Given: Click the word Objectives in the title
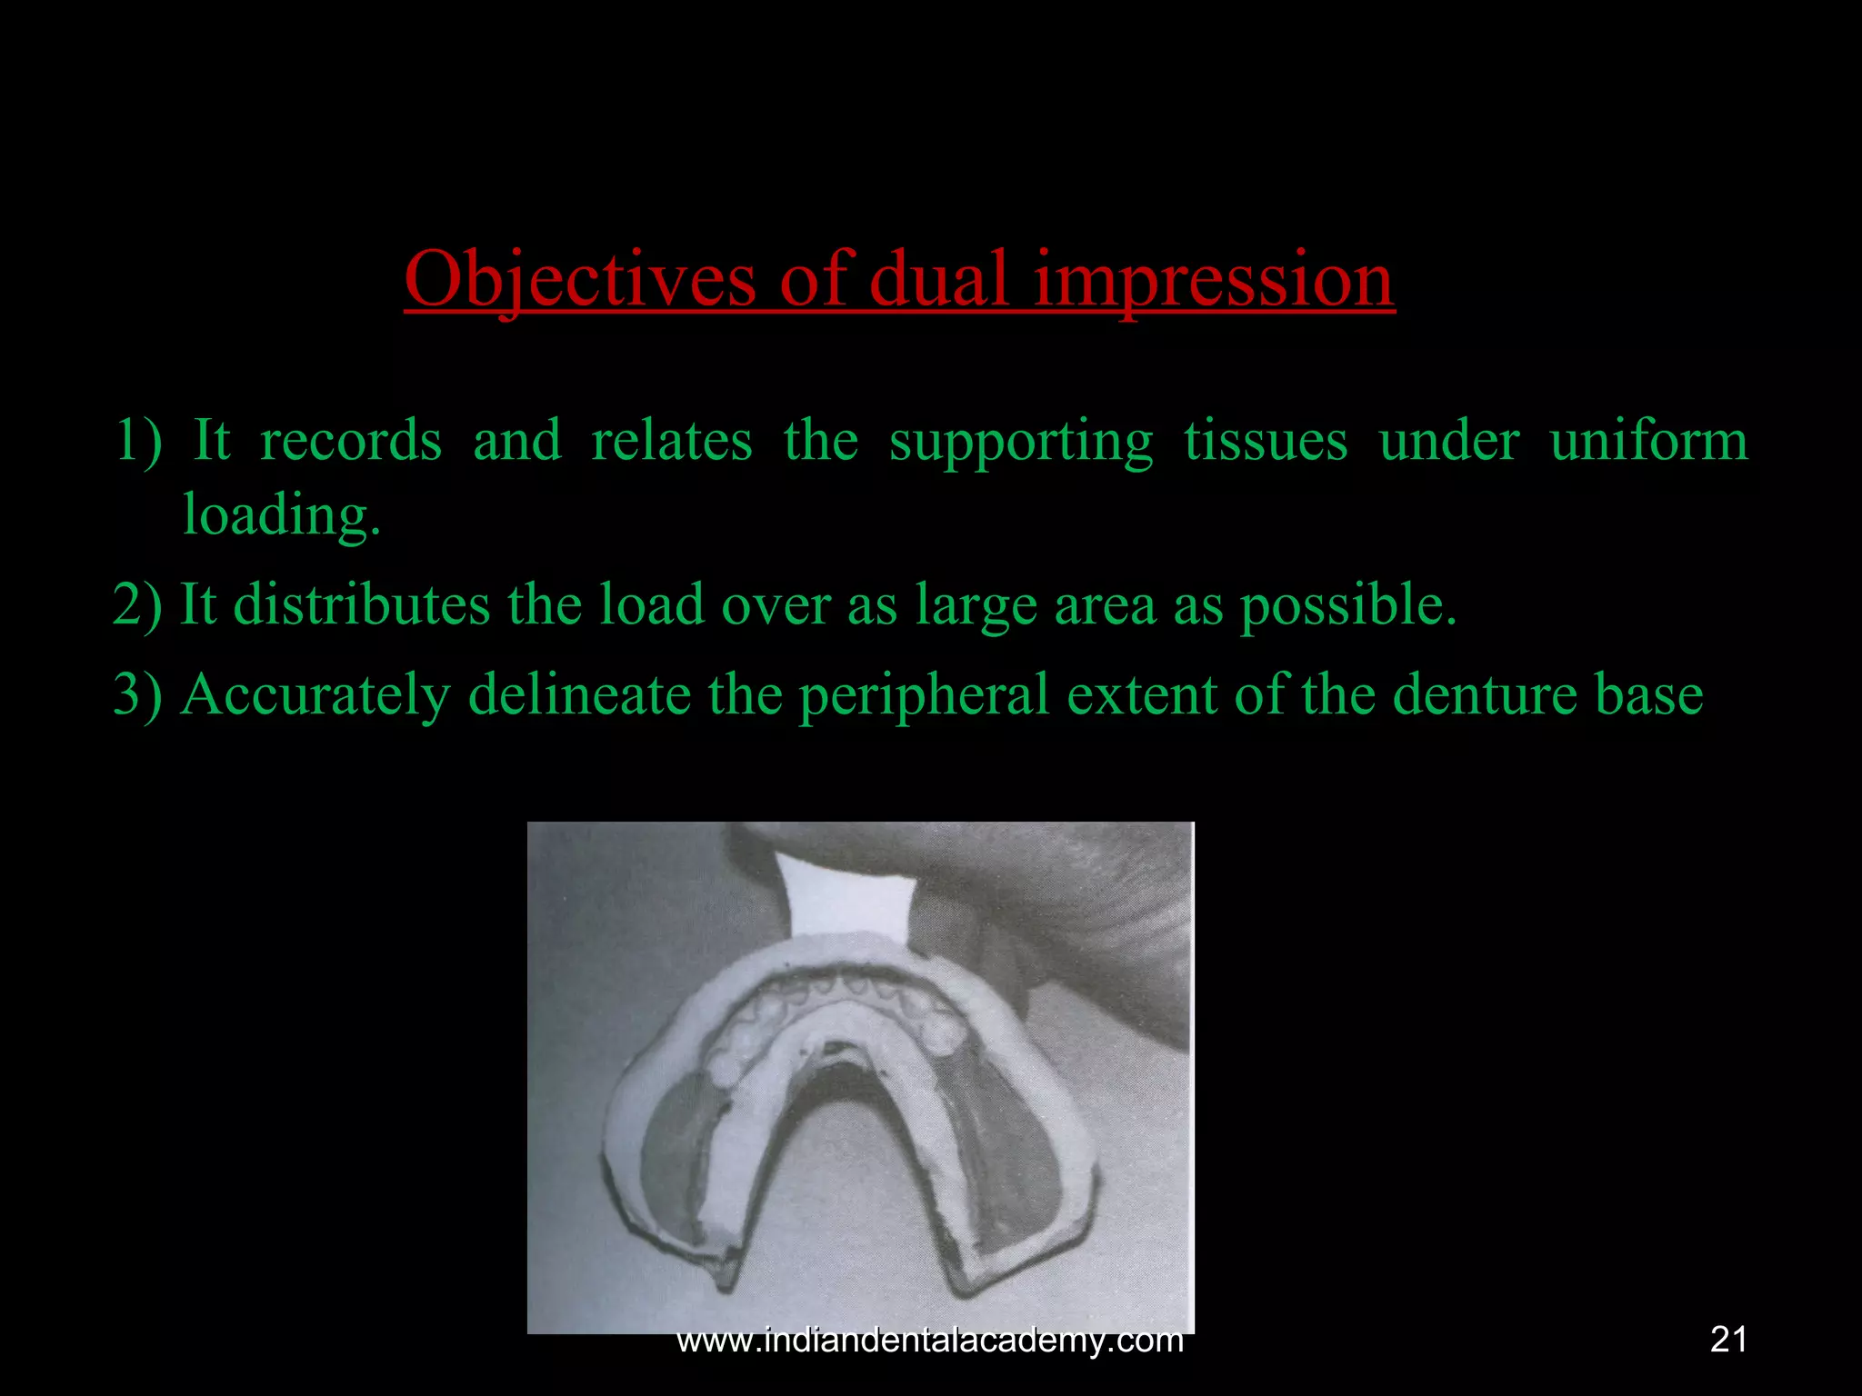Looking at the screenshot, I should (579, 280).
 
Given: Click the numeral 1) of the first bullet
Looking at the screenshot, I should (138, 441).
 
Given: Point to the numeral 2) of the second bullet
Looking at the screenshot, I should (137, 604).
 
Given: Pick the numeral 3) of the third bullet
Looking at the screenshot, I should (137, 695).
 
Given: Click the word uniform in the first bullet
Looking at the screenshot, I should (1647, 441).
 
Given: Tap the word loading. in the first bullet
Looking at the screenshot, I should (281, 515).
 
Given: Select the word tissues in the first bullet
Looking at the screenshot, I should (1265, 441).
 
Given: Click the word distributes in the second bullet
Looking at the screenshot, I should (362, 604).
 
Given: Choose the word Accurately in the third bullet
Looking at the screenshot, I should (315, 695).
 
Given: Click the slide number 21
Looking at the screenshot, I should (1728, 1340).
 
